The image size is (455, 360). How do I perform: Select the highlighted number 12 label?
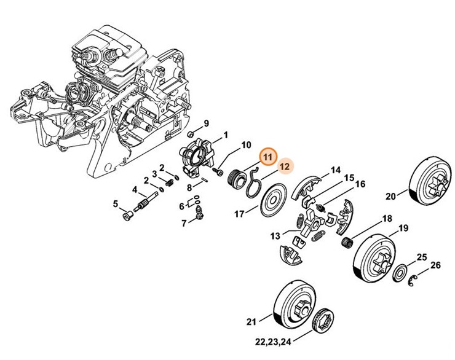coord(284,166)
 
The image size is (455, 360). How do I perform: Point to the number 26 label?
coord(435,265)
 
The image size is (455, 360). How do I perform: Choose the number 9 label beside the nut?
coord(207,123)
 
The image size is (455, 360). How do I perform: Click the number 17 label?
coord(239,214)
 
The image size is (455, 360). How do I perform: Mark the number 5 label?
coord(114,203)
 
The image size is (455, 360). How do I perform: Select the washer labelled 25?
coord(399,270)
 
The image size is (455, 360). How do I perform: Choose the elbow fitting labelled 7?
coord(200,213)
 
